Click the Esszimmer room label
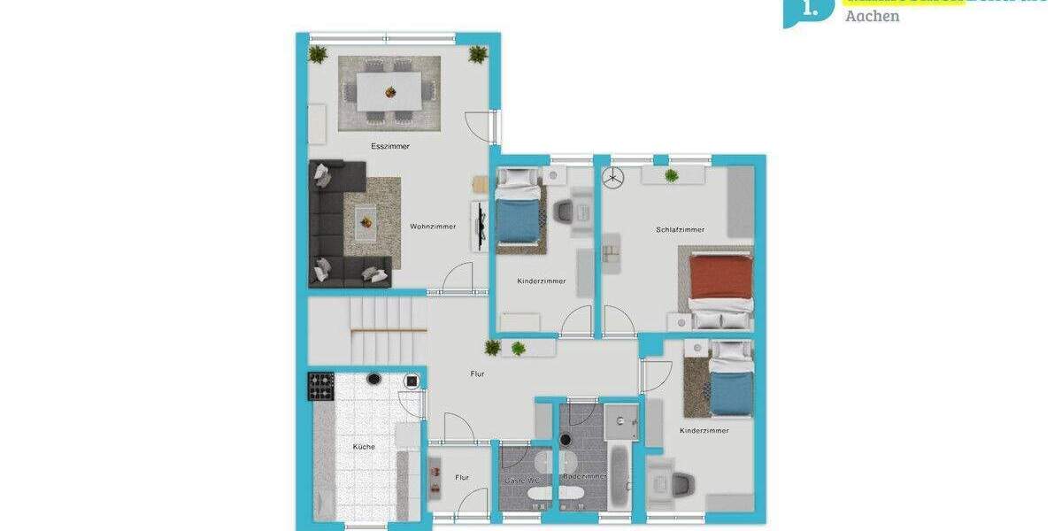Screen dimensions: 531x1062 click(x=390, y=146)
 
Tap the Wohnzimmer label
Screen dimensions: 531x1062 click(x=433, y=227)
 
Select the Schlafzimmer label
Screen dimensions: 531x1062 click(x=680, y=230)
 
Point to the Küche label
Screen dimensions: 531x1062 click(x=364, y=447)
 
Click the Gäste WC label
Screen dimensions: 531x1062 click(x=522, y=480)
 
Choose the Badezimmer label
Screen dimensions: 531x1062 click(x=585, y=476)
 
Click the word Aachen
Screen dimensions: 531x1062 click(x=872, y=16)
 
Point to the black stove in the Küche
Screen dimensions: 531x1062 click(x=320, y=386)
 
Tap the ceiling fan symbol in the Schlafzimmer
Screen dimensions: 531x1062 click(x=612, y=178)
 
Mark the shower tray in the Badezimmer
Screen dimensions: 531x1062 click(x=622, y=421)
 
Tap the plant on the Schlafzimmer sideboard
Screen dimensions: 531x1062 click(x=672, y=175)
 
